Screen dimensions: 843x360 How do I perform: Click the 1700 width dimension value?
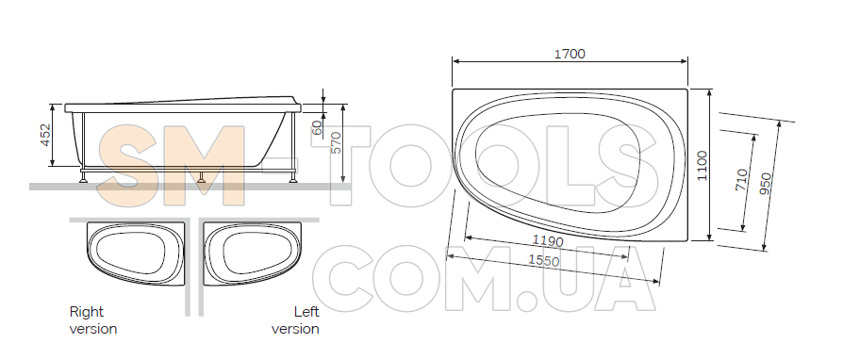pos(570,54)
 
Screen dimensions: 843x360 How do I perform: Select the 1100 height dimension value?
pos(702,166)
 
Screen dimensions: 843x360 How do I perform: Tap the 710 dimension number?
pos(741,179)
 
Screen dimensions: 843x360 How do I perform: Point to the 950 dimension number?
pos(766,185)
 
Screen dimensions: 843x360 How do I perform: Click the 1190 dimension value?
pos(548,240)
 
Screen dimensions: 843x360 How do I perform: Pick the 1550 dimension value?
pos(543,260)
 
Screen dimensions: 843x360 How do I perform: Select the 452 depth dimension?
pos(45,135)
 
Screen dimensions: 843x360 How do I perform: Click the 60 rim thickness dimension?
pos(317,127)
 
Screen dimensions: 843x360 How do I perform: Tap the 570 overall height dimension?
pos(336,143)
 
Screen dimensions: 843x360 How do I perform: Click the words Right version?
pos(93,320)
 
